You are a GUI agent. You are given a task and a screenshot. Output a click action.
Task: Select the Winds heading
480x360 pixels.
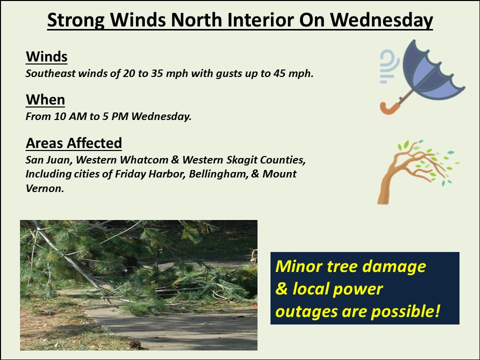46,56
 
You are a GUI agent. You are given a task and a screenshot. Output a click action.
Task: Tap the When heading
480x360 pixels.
45,100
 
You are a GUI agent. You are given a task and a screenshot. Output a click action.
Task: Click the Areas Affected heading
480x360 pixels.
73,143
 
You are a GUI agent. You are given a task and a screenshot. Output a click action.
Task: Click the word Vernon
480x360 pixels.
44,188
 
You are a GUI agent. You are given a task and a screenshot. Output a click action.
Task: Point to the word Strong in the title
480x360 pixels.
76,20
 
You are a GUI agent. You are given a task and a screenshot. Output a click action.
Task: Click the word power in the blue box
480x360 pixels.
358,289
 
